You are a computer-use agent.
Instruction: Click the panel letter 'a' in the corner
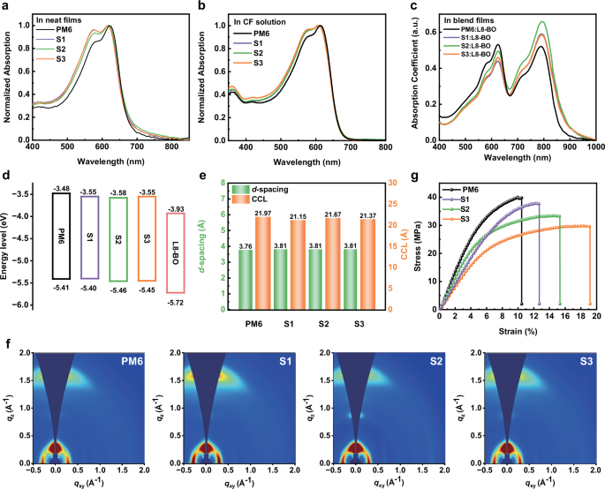pyautogui.click(x=6, y=6)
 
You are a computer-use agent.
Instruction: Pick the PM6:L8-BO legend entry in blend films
pyautogui.click(x=468, y=30)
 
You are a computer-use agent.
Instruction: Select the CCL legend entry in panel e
pyautogui.click(x=263, y=199)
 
